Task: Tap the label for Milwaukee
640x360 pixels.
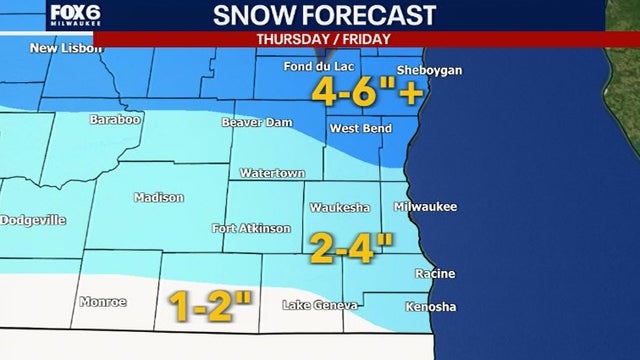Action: point(425,206)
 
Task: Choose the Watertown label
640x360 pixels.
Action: point(271,173)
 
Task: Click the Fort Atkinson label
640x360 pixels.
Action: point(251,228)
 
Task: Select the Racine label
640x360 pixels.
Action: point(435,272)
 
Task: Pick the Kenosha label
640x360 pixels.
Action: point(431,306)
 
